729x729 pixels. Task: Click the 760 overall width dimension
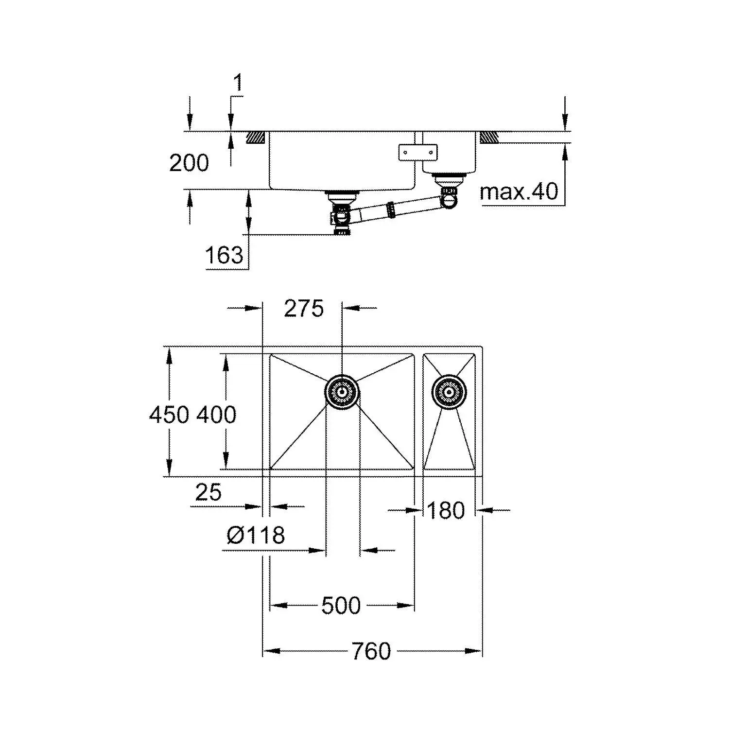pos(371,651)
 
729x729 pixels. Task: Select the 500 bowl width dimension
pos(341,606)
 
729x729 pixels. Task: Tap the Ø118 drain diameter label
pos(256,535)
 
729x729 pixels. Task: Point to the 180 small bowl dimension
pos(446,510)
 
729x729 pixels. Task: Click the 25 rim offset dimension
pos(208,492)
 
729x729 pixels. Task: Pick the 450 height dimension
pos(169,415)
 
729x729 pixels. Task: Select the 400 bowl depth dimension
pos(216,415)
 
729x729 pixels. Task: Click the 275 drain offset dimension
pos(304,309)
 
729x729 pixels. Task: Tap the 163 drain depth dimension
pos(224,255)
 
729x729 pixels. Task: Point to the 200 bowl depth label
pos(189,163)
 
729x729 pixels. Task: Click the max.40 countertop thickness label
pos(519,192)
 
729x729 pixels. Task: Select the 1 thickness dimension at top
pos(238,83)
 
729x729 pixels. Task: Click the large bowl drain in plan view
pos(342,391)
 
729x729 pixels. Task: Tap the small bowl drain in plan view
pos(449,391)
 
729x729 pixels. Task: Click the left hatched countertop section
pos(255,137)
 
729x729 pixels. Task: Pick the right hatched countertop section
pos(489,137)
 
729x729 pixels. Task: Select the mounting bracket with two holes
pos(417,152)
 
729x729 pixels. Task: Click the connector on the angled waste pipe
pos(389,209)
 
